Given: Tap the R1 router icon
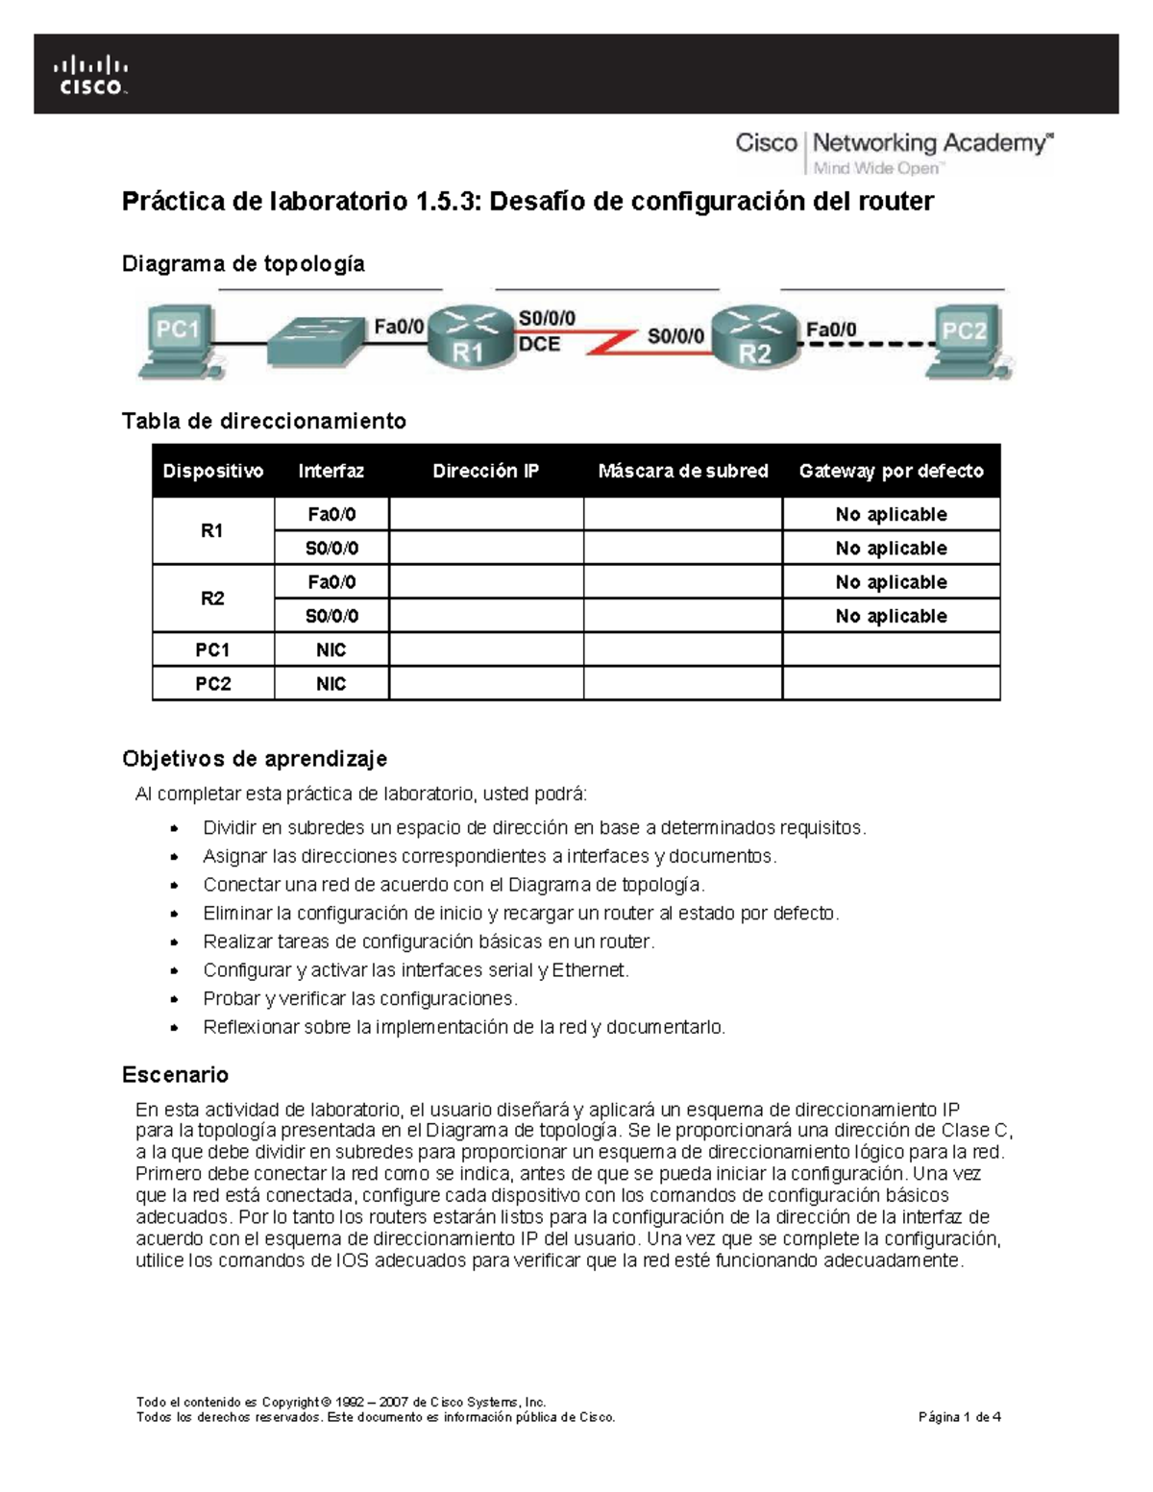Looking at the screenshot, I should (x=467, y=336).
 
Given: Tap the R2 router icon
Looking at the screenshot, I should (x=755, y=336).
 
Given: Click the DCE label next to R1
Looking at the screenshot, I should (x=539, y=344).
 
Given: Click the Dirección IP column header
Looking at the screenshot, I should (x=485, y=471).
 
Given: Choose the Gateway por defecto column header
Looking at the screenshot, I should (x=891, y=471).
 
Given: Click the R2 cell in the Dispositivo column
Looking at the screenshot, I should (x=212, y=599).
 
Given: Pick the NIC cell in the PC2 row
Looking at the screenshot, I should (x=331, y=684).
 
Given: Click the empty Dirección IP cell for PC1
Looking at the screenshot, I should (x=485, y=650).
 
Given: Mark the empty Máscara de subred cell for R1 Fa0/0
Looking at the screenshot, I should (x=682, y=515).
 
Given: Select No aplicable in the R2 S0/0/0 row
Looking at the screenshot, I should (x=891, y=616).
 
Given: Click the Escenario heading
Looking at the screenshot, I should (x=175, y=1074).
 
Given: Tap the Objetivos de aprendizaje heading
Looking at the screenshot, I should (x=255, y=759).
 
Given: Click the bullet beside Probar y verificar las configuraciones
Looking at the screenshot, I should (x=174, y=999).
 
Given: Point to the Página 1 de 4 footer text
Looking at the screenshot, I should (x=960, y=1417).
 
